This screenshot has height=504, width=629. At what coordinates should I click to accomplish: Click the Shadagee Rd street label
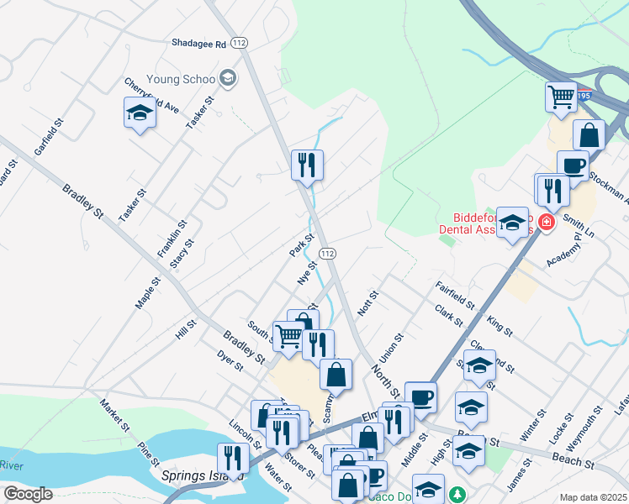tap(198, 43)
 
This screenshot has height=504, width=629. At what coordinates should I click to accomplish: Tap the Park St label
tap(301, 246)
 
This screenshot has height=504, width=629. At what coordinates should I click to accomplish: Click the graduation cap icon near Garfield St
tap(140, 113)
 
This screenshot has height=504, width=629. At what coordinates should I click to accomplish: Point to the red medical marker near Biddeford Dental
tap(547, 223)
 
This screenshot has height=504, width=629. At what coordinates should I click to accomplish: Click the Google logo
tap(28, 494)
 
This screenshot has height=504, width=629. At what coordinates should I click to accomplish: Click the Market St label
tap(114, 414)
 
